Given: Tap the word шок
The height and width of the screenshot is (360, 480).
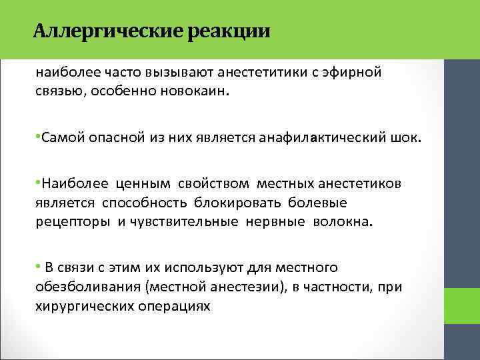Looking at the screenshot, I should click(x=409, y=138).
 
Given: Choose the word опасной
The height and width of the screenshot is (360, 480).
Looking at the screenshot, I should click(x=114, y=138).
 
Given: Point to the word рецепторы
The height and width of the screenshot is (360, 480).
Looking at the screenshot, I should click(x=73, y=222).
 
